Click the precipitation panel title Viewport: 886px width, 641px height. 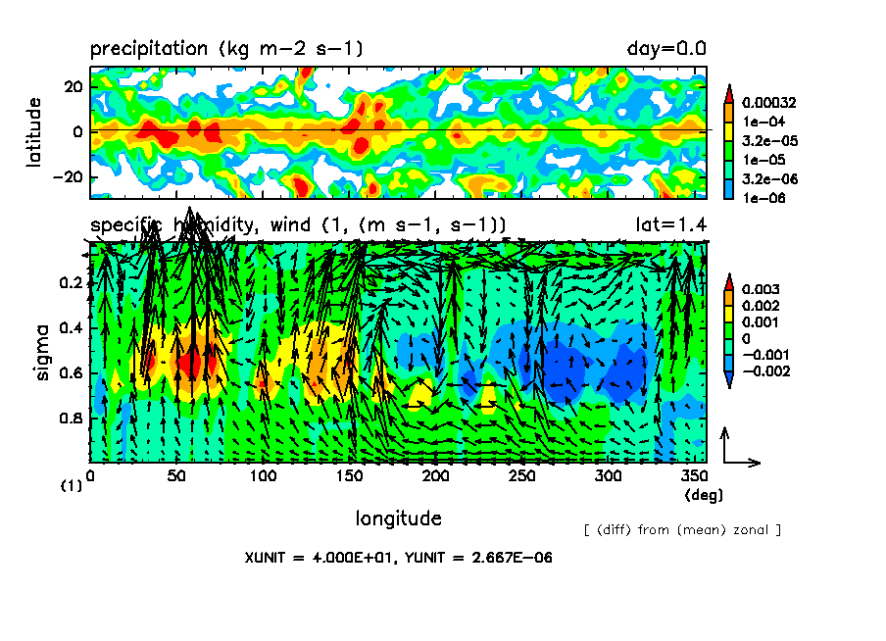226,48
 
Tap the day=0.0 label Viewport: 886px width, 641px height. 666,48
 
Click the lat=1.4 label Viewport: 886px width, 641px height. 671,224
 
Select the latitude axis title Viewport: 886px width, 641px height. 34,131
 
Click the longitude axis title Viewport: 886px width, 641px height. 398,518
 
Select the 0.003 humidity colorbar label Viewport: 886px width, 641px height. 760,290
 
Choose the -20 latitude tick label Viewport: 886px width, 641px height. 68,177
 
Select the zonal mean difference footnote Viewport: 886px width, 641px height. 682,530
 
